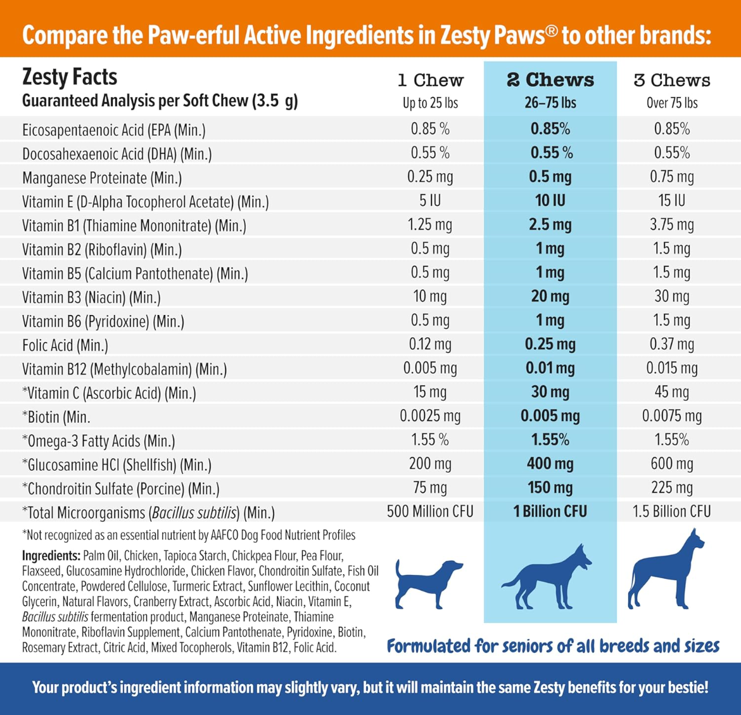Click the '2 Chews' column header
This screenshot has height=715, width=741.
[x=550, y=80]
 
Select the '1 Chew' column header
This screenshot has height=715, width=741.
[x=430, y=81]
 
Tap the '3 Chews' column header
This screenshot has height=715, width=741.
[x=671, y=81]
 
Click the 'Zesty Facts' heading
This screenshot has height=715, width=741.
[x=70, y=77]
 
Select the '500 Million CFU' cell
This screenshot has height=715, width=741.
[x=430, y=512]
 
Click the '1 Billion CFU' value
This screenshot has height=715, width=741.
[x=550, y=512]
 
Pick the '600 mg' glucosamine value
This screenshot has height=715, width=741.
[x=671, y=464]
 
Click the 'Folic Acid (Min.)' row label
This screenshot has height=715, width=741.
[x=65, y=345]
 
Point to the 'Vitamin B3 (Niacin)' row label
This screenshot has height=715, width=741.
[x=91, y=297]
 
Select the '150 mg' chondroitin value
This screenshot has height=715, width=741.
[x=550, y=488]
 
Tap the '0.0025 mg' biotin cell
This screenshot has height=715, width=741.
[x=430, y=416]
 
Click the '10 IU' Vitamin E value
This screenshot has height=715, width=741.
[x=550, y=201]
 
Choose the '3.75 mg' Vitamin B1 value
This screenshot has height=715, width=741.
[x=671, y=225]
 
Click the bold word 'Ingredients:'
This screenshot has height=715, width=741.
[x=51, y=556]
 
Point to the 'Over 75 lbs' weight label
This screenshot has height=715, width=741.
[x=671, y=103]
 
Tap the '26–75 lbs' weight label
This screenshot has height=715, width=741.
[x=550, y=103]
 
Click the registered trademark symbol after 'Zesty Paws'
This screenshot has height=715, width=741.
[x=551, y=31]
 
